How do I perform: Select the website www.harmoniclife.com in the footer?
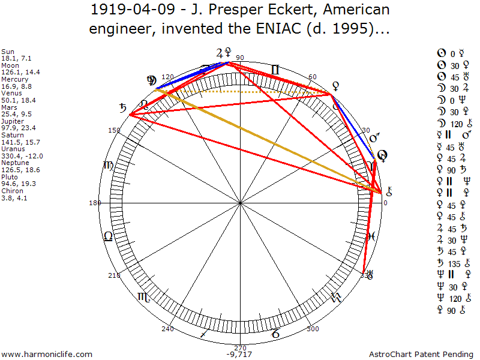[x=47, y=355]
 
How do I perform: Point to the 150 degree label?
[x=114, y=130]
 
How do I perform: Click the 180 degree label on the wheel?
[x=94, y=203]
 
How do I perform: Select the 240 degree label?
[x=167, y=329]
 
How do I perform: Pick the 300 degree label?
[x=313, y=329]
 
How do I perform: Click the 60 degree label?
[x=313, y=77]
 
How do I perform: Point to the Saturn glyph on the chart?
[x=124, y=109]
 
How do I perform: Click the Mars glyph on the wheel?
[x=375, y=139]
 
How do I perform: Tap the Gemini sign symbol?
[x=275, y=70]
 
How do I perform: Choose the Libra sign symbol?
[x=108, y=236]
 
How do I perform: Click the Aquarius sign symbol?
[x=336, y=297]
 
